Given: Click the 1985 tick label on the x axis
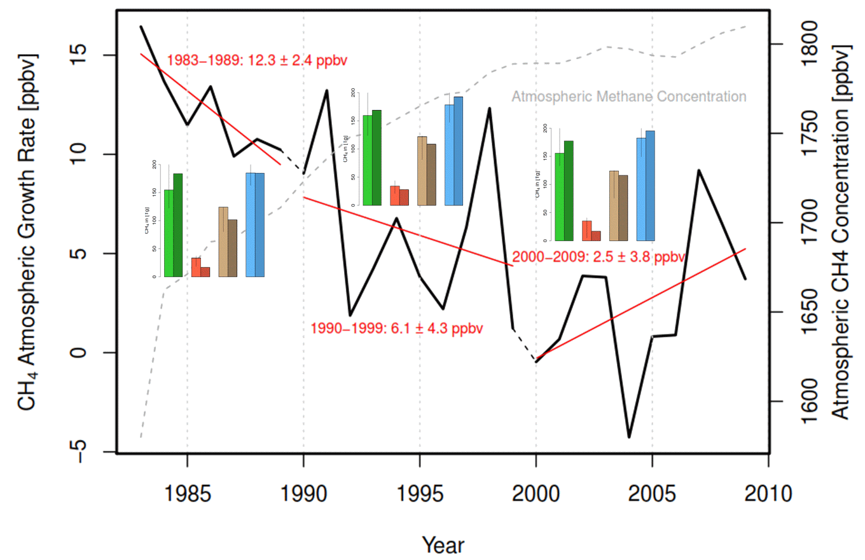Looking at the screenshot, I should [x=187, y=494].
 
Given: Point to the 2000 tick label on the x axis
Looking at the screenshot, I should [x=536, y=494].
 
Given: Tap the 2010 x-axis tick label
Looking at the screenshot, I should [x=769, y=494].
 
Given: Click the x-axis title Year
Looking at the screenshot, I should [x=443, y=545].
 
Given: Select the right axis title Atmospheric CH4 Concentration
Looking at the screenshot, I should [x=841, y=232].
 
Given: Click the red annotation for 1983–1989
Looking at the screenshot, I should [x=257, y=61].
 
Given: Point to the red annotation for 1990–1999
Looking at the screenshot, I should [x=397, y=329].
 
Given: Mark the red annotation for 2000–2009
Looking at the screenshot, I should [x=599, y=257].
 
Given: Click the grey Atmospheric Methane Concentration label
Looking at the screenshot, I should [x=628, y=97].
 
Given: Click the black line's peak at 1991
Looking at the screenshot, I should [x=327, y=90].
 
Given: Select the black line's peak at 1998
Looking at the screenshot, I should [x=490, y=108].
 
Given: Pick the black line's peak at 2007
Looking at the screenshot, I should [x=699, y=170].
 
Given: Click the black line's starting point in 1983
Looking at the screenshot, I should [x=141, y=27].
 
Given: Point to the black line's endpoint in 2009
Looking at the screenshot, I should [x=745, y=279].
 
